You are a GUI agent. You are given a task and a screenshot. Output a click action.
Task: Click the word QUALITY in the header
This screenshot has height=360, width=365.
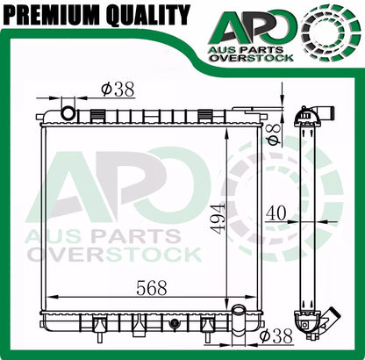coord(148,15)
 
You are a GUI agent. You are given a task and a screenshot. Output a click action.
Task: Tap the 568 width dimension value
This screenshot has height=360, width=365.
coord(152,288)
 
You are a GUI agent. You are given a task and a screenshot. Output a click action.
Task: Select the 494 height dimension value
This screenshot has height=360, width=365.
coord(218,219)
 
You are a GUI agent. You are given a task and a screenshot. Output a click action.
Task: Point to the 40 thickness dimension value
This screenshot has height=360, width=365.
coord(276,213)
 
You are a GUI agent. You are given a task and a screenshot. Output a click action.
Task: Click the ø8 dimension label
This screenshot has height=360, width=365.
coord(274,133)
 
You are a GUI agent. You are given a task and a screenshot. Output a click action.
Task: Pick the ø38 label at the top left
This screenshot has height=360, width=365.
coord(118,89)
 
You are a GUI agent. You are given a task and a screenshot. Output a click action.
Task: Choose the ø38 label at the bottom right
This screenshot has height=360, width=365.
coord(276,336)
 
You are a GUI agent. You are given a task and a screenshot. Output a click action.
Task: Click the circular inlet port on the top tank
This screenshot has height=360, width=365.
coord(68,113)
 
